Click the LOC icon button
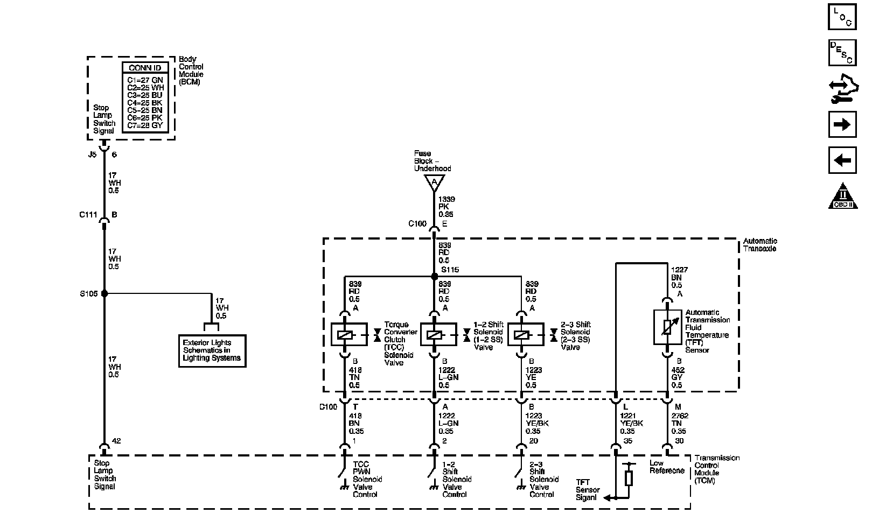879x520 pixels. [842, 17]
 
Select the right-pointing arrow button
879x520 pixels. [842, 124]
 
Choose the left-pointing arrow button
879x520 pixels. [842, 160]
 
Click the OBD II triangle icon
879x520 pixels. [842, 196]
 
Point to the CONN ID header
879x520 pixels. [145, 68]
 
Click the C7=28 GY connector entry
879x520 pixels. [145, 125]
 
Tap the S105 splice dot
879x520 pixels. [104, 294]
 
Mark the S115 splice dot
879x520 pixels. [434, 277]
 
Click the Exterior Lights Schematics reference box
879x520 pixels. [212, 350]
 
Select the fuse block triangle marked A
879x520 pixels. [434, 184]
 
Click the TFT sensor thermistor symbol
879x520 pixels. [667, 327]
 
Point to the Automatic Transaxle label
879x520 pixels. [760, 245]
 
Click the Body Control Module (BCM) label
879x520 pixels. [191, 71]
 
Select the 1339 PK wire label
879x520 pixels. [444, 207]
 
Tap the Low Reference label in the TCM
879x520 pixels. [667, 467]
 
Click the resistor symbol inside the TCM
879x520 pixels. [629, 477]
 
